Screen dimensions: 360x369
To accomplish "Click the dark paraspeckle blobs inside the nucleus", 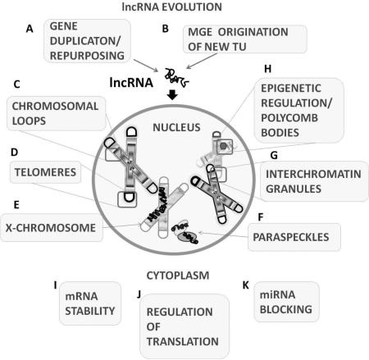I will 184,235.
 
